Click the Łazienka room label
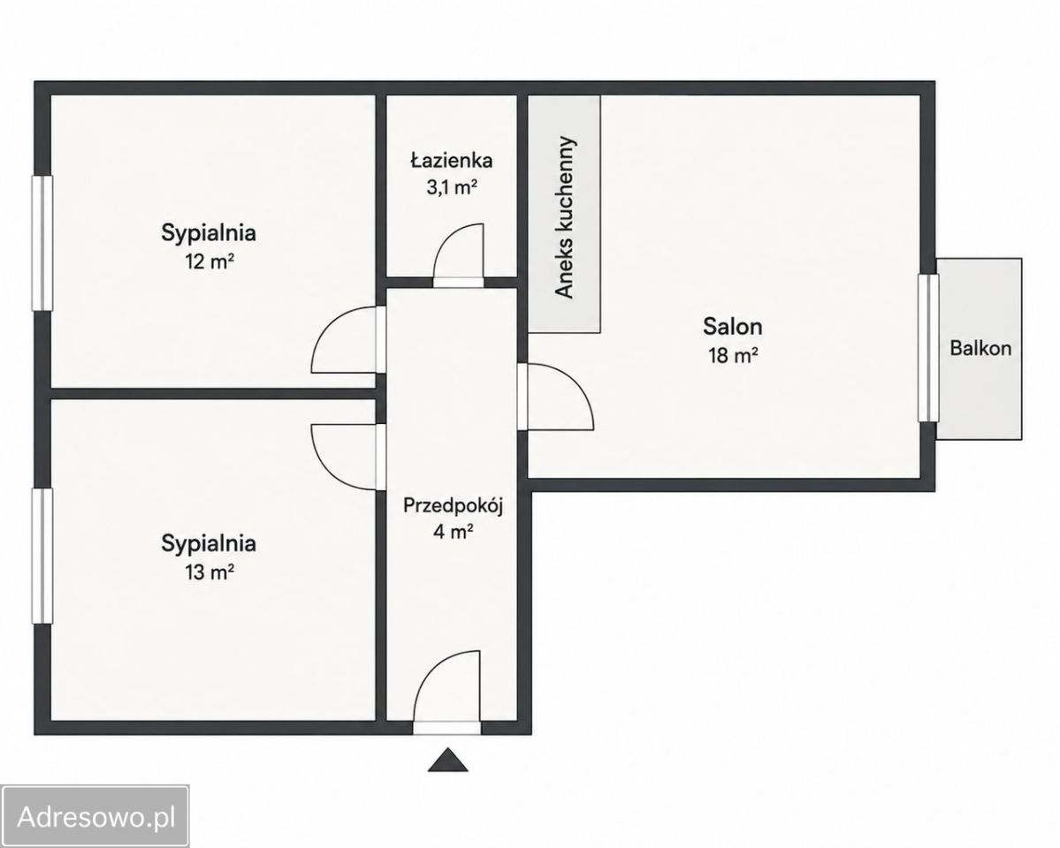pyautogui.click(x=451, y=160)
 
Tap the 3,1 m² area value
pyautogui.click(x=452, y=187)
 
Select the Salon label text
pyautogui.click(x=733, y=326)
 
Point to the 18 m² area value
pyautogui.click(x=733, y=355)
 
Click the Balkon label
pyautogui.click(x=980, y=348)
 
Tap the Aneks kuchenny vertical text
pyautogui.click(x=564, y=217)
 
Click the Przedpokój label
pyautogui.click(x=453, y=506)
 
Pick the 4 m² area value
pyautogui.click(x=453, y=532)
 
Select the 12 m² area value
pyautogui.click(x=209, y=261)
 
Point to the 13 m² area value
pyautogui.click(x=209, y=572)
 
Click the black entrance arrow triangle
pyautogui.click(x=447, y=760)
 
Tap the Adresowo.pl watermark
pyautogui.click(x=95, y=817)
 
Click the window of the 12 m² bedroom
pyautogui.click(x=42, y=243)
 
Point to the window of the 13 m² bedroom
pyautogui.click(x=42, y=556)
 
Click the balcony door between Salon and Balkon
pyautogui.click(x=929, y=348)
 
